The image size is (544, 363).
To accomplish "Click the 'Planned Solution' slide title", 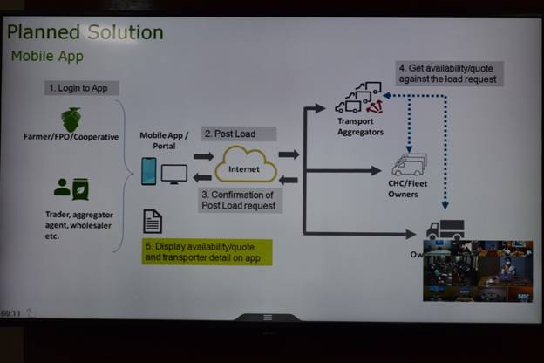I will pyautogui.click(x=85, y=33).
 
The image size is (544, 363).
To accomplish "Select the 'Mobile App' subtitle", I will pyautogui.click(x=48, y=56).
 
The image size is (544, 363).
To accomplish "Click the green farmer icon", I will pyautogui.click(x=71, y=119).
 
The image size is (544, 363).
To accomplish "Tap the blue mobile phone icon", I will pyautogui.click(x=149, y=170).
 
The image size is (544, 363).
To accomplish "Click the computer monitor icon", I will pyautogui.click(x=174, y=173).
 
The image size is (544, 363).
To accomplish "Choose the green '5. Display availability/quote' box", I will pyautogui.click(x=208, y=251).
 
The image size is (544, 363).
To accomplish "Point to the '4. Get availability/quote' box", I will pyautogui.click(x=448, y=73).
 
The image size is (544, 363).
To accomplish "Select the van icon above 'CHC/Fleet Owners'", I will pyautogui.click(x=408, y=163).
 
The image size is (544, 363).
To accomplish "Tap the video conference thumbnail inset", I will pyautogui.click(x=477, y=271).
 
